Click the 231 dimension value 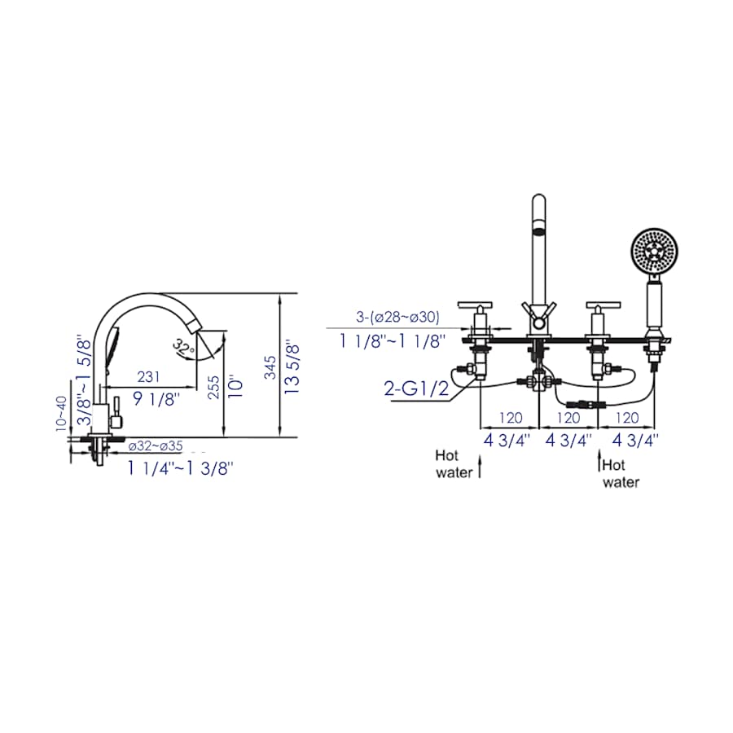147,378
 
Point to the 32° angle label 183,348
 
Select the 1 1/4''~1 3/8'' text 180,468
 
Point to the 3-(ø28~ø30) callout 396,317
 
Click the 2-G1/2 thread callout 415,387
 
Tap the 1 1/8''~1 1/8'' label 393,340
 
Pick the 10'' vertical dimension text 235,385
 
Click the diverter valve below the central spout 538,380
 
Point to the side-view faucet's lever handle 116,413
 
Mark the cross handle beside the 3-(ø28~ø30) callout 477,307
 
